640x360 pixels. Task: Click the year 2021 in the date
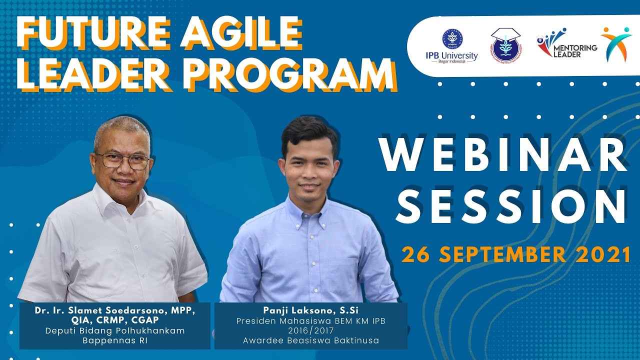click(x=603, y=254)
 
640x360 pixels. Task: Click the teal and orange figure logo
click(x=616, y=44)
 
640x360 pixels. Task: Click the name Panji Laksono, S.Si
click(x=310, y=310)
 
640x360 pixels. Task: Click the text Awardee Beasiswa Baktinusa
click(x=310, y=340)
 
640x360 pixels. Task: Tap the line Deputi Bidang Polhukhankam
click(x=115, y=330)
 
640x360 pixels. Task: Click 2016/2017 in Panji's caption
click(x=310, y=330)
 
